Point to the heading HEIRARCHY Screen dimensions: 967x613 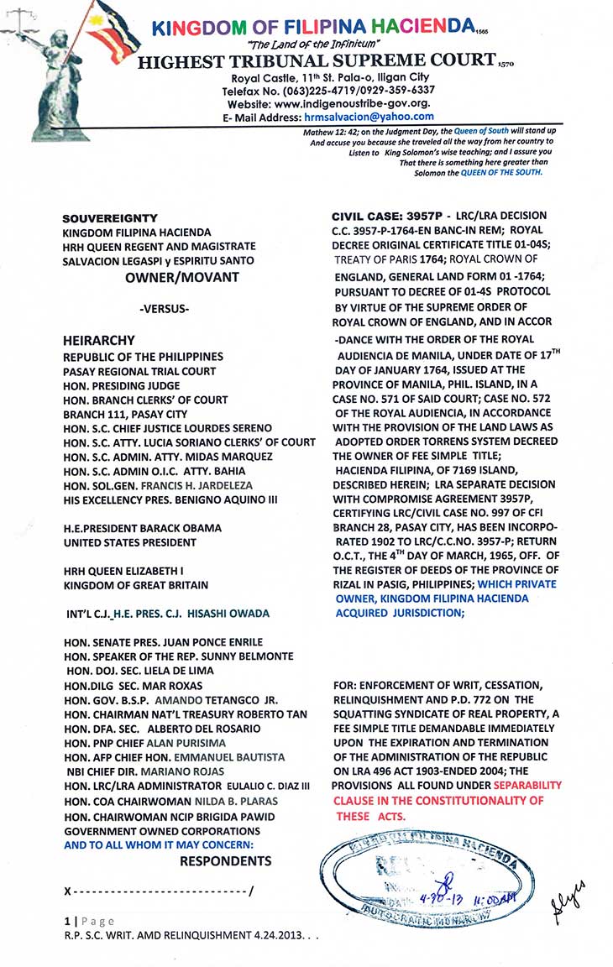100,342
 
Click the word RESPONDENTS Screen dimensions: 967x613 226,860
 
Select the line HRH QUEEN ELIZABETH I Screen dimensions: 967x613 123,570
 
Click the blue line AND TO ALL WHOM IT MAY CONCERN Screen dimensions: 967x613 159,844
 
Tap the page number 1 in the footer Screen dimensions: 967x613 68,921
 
